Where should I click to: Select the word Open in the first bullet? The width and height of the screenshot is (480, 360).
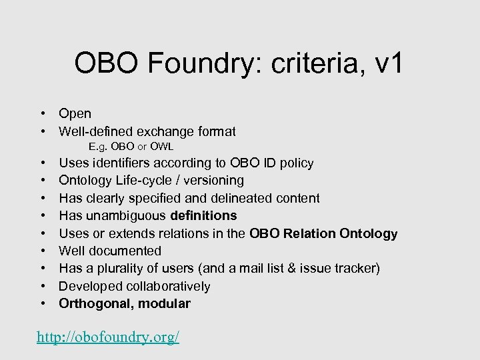75,114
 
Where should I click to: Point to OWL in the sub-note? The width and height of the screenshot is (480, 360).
162,147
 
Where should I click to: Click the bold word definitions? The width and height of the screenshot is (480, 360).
203,215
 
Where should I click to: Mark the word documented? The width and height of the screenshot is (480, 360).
127,251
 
